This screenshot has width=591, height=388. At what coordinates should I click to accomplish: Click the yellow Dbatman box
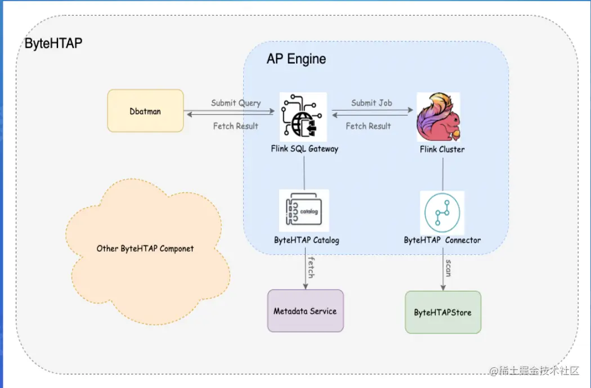pos(145,111)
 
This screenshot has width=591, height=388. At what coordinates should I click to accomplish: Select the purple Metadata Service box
pos(305,310)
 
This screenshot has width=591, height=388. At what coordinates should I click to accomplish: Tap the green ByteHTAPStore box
pos(443,312)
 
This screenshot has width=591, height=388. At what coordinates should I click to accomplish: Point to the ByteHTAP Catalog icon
pos(304,211)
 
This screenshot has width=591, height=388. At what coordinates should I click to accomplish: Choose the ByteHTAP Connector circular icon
pos(442,213)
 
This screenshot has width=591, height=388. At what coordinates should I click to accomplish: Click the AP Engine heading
pos(296,59)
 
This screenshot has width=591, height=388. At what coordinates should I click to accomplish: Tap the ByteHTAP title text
pos(53,43)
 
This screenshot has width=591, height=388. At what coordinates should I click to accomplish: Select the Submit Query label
pos(236,103)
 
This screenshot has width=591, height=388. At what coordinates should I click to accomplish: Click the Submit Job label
pos(371,103)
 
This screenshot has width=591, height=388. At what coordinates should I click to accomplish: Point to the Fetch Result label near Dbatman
pos(235,126)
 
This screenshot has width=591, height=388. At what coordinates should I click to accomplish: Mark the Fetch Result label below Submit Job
pos(368,126)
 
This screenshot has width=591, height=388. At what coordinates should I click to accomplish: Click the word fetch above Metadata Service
pos(310,267)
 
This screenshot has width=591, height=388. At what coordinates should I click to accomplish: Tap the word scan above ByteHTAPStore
pos(448,268)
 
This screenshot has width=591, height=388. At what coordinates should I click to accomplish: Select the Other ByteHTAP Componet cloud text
pos(145,248)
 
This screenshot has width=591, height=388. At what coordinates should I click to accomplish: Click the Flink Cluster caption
pos(442,149)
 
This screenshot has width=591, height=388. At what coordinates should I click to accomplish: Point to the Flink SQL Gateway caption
pos(305,149)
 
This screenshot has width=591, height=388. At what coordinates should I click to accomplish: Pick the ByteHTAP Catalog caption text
pos(307,240)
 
